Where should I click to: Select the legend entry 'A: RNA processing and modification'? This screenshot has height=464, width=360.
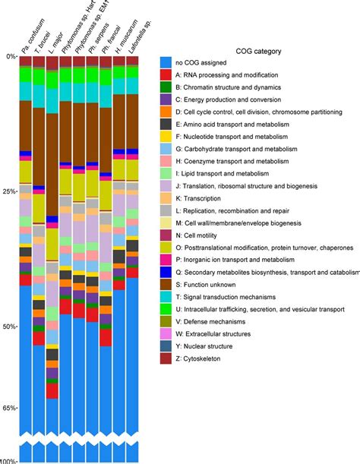(x=224, y=75)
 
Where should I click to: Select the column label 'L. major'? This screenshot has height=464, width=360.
(x=58, y=34)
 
